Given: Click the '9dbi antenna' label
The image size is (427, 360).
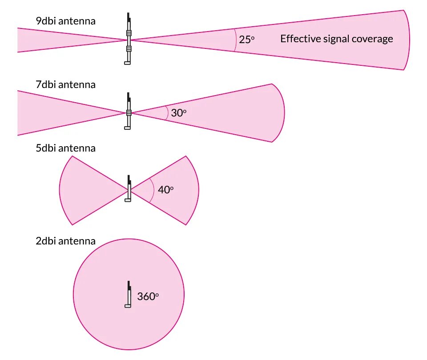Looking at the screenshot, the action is point(65,21).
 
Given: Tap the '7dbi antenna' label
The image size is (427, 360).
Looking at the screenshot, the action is point(65,84).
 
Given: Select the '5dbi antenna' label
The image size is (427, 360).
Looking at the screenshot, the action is point(65,148).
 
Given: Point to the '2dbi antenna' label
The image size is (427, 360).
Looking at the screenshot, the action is point(65,241).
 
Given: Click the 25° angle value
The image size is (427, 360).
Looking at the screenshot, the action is point(246,39).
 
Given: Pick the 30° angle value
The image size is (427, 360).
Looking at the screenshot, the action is point(178,113).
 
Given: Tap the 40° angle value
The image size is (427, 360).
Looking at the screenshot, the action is point(165,190).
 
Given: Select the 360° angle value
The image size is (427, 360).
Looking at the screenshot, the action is point(148,296).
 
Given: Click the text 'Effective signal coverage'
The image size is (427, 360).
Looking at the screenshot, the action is point(336,39).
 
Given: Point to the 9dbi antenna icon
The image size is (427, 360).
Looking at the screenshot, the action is point(128,39).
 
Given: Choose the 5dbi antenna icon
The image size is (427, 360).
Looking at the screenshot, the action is point(128,189).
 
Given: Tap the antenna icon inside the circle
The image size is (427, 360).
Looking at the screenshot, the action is point(128,295).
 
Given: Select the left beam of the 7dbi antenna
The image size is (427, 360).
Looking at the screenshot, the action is point(49,112).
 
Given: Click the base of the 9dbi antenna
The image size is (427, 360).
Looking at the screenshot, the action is point(128,63).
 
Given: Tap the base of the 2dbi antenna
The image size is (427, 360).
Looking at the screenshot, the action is point(128,306).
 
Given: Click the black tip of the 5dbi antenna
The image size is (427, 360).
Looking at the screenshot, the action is point(129,180).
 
